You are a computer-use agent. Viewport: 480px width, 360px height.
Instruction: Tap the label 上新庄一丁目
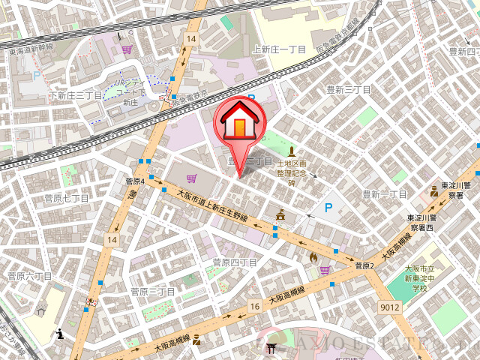point(280,49)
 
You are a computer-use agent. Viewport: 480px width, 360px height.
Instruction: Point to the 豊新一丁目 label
point(384,194)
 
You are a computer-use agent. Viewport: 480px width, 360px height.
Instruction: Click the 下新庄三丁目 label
point(76,96)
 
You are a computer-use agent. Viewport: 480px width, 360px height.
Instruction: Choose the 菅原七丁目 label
point(67,199)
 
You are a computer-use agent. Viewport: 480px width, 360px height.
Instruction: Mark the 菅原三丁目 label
point(152,291)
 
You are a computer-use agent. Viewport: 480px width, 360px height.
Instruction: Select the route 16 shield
point(255,306)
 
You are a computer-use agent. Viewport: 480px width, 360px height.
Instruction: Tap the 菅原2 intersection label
point(364,265)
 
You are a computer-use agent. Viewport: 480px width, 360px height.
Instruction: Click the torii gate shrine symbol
point(271,347)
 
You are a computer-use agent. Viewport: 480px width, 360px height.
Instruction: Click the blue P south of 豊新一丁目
point(328,207)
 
